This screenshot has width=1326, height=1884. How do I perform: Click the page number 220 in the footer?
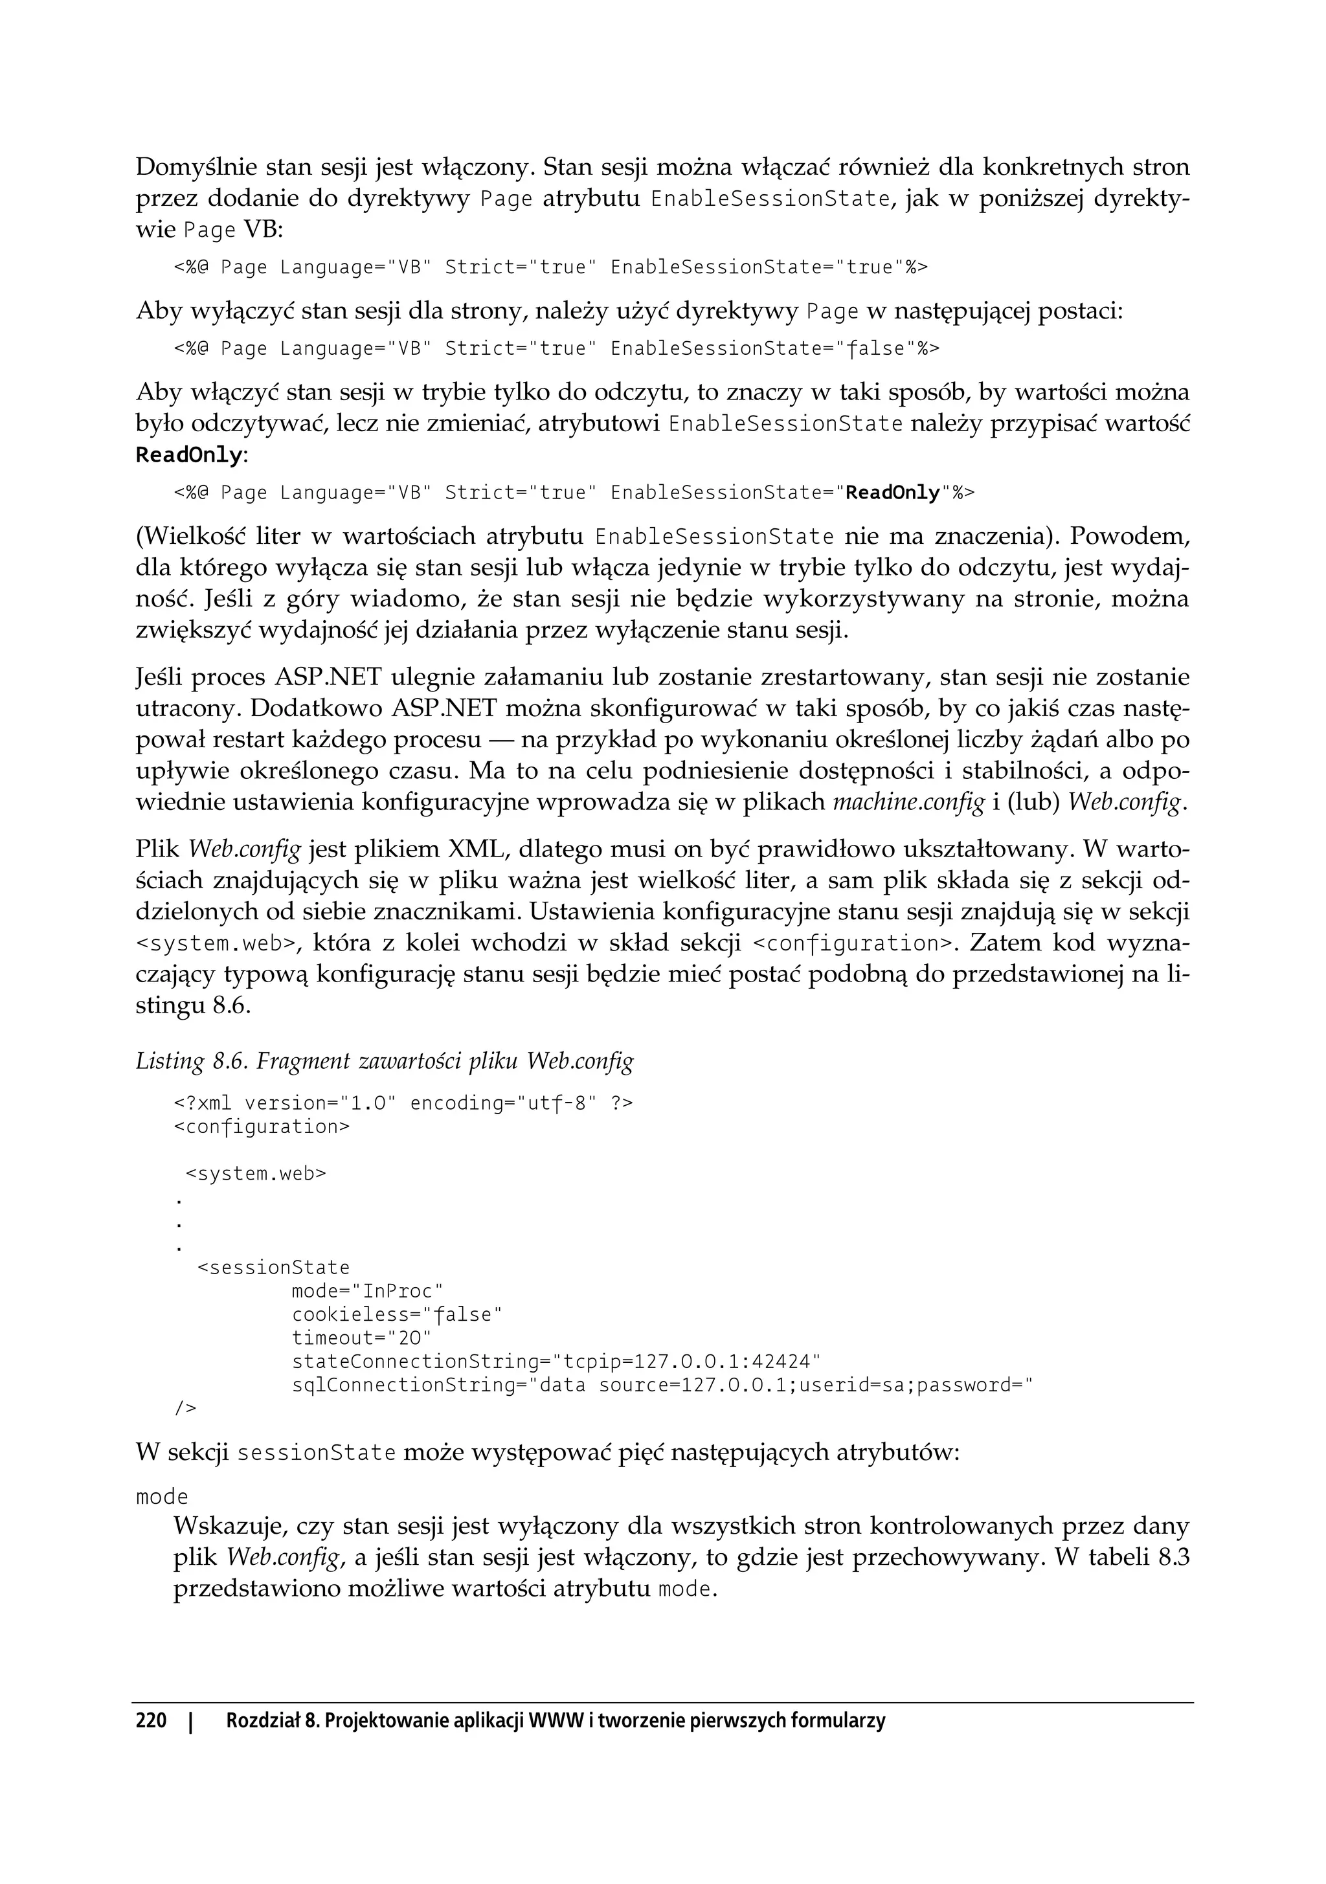[x=151, y=1720]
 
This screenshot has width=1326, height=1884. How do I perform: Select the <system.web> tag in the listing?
[x=256, y=1173]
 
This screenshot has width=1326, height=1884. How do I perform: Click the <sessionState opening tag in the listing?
[x=273, y=1268]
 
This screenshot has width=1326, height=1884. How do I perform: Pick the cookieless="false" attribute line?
[x=396, y=1314]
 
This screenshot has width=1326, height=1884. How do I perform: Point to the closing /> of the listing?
[x=185, y=1408]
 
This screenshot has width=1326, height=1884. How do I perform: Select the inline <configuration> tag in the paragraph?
[x=855, y=943]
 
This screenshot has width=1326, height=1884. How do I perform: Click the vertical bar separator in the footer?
[x=191, y=1720]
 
